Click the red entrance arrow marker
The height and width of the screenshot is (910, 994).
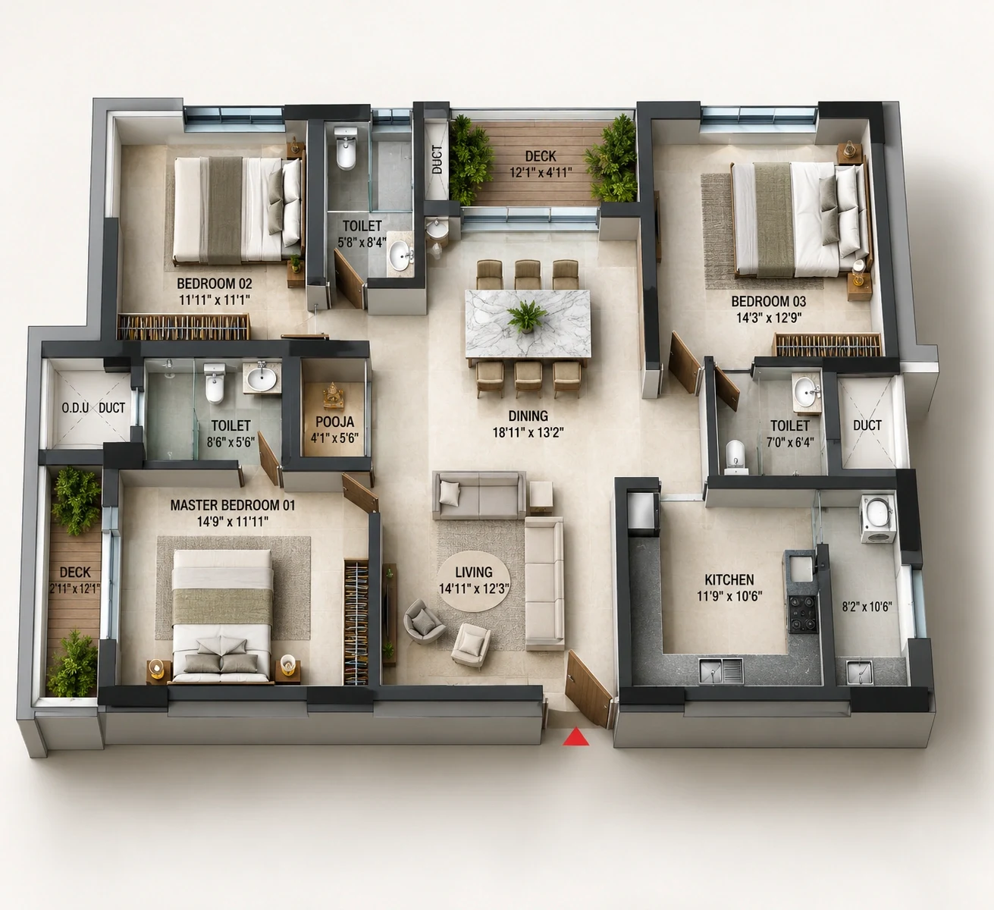coord(575,738)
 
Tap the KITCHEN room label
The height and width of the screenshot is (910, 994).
coord(729,580)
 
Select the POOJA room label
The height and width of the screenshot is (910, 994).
coord(335,422)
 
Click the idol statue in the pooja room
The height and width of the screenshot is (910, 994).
coord(333,395)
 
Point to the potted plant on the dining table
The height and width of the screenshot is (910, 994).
coord(527,316)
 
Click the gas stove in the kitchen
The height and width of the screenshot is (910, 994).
coord(803,614)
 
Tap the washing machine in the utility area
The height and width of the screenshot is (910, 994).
coord(877,518)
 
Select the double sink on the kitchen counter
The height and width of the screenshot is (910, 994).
coord(721,670)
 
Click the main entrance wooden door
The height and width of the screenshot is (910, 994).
coord(588,689)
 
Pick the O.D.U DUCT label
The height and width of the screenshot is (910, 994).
coord(93,408)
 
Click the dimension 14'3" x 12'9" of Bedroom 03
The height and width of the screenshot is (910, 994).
coord(769,318)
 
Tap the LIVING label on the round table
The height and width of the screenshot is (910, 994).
coord(474,573)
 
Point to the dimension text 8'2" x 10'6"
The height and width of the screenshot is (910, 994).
coord(867,606)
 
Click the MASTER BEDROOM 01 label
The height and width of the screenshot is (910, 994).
coord(233,505)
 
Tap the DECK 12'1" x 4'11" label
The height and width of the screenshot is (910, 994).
coord(541,164)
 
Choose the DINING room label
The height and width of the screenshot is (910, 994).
coord(528,416)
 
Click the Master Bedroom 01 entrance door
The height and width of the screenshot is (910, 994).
coord(360,493)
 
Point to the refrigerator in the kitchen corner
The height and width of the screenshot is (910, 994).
coord(643,510)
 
